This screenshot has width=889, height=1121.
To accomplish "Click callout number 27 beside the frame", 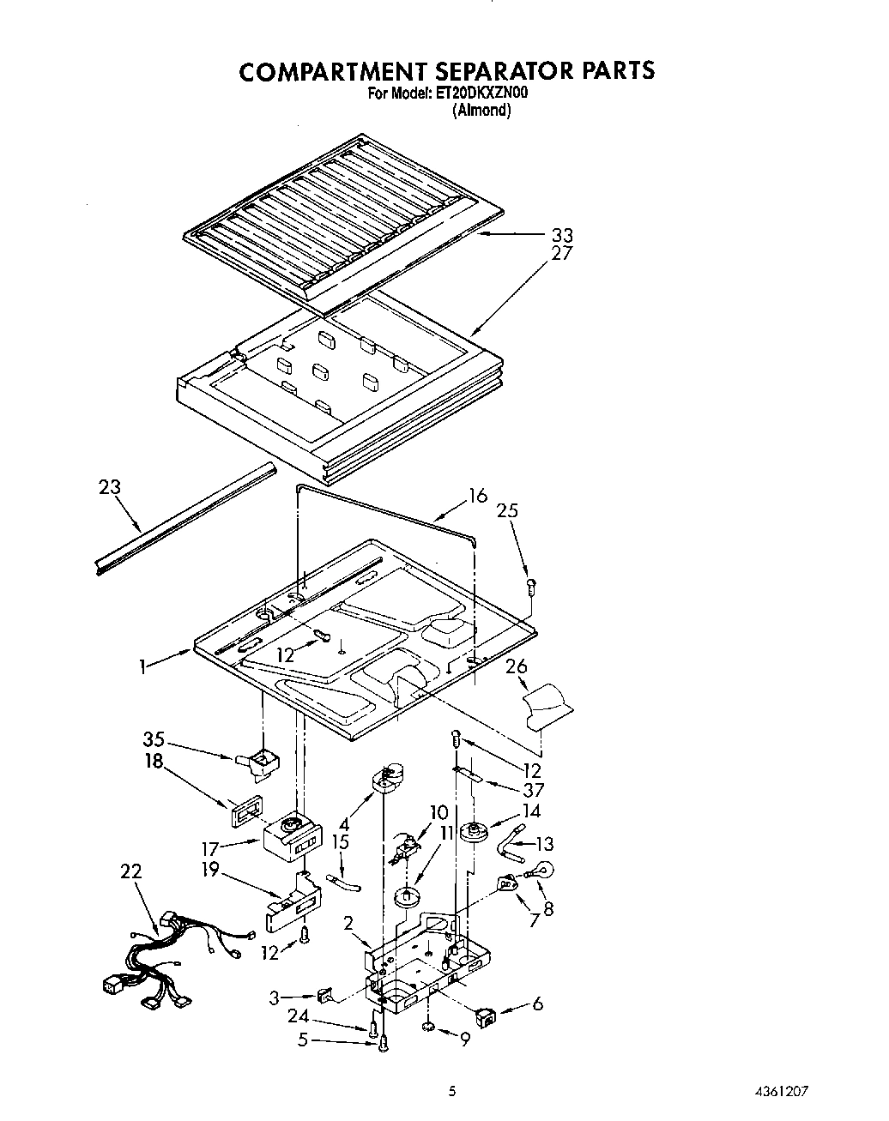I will click(562, 254).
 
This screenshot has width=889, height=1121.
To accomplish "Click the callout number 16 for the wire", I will click(477, 496).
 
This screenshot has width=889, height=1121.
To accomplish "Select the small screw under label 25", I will click(530, 588).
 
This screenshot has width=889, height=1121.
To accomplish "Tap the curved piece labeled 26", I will click(546, 705).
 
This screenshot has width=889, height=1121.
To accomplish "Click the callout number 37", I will click(533, 791).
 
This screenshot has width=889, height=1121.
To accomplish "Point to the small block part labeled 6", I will click(487, 1017).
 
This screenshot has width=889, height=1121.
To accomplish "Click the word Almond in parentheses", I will click(481, 110).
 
